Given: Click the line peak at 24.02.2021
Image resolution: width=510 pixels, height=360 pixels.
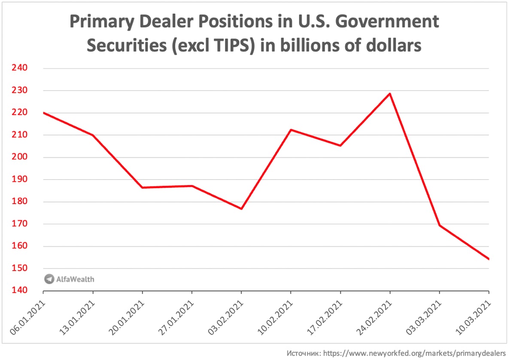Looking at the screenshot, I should click(x=390, y=94).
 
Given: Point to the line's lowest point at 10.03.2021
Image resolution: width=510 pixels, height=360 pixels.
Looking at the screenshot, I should click(x=489, y=259).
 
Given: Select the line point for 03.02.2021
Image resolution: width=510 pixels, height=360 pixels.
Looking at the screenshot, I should click(x=241, y=209).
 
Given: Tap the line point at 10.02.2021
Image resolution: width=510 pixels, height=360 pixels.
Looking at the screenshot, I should click(x=291, y=130).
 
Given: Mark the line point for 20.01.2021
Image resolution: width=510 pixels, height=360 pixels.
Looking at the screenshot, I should click(x=143, y=188).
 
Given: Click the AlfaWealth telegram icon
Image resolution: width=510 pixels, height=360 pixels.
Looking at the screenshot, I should click(x=49, y=279).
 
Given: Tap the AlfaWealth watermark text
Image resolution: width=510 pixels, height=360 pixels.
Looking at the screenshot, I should click(x=75, y=279).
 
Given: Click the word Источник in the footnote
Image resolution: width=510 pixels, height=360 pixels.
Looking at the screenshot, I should click(x=302, y=353).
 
